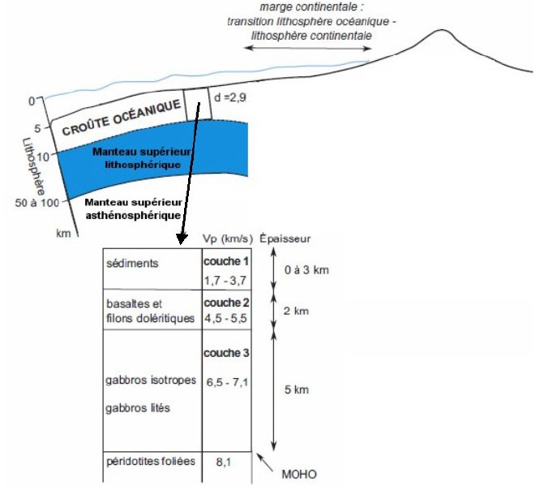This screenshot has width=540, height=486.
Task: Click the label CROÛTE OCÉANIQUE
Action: coord(122,117)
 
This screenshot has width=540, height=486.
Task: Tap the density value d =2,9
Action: coord(230,97)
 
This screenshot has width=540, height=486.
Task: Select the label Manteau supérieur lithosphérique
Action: coord(142,158)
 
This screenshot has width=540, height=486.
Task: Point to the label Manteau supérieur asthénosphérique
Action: coord(133,209)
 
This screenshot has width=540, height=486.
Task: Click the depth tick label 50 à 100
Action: coord(36,202)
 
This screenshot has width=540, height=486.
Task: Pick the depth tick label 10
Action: coord(43,157)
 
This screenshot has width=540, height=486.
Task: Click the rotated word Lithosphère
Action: coord(34,166)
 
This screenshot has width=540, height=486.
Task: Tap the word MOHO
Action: coord(299,475)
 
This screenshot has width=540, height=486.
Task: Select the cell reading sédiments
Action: coord(132,264)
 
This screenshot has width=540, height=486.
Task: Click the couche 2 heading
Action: coord(226,303)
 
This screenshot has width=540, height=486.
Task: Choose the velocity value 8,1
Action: coord(224,462)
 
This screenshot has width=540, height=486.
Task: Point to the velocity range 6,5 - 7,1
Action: coord(227,382)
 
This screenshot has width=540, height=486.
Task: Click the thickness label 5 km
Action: coord(297,389)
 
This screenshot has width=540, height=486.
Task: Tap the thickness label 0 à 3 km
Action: coord(306,270)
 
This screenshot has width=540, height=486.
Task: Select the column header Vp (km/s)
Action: coord(228,239)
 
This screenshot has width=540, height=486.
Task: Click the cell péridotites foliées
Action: coord(151,461)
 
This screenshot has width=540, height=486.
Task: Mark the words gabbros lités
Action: coord(138,408)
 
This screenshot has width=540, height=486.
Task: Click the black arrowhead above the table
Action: coord(182,239)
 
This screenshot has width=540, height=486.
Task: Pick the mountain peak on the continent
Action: coord(442,30)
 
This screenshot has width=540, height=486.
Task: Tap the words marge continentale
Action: coord(311,6)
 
